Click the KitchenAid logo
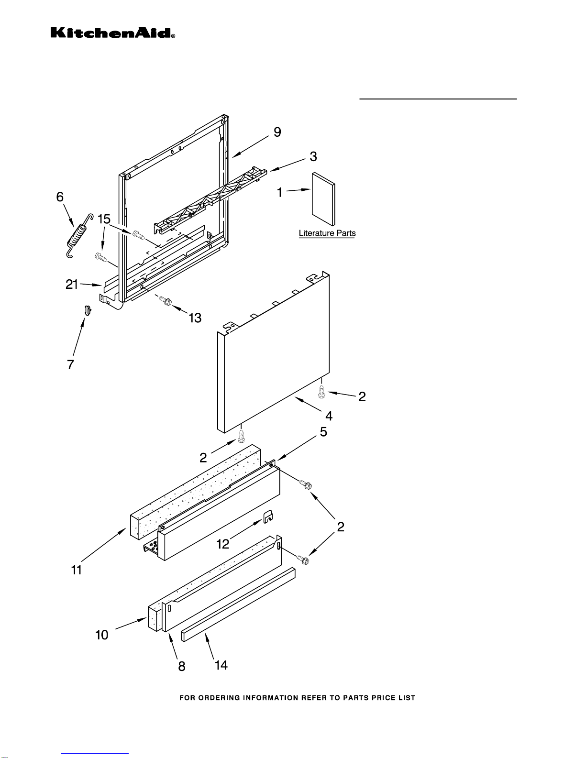coord(113,33)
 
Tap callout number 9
coord(277,132)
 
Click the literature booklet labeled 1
coord(323,199)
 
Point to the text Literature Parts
coord(327,233)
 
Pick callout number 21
coord(71,284)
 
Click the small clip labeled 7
coord(88,310)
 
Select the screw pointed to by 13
coord(165,300)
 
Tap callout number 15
coord(104,219)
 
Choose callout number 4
coord(329,416)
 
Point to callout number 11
coord(77,570)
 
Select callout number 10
coord(102,635)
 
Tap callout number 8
coord(182,666)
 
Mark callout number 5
coord(323,432)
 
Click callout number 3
coord(313,156)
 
